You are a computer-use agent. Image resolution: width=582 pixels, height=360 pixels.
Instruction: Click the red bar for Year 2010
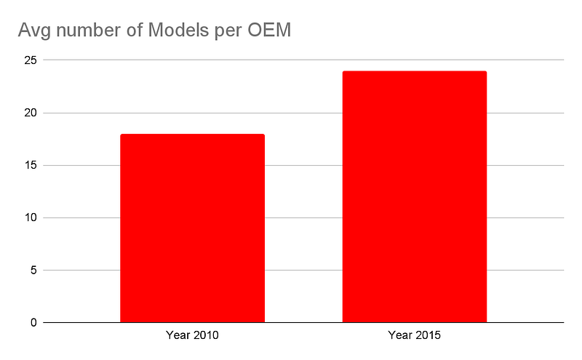coord(192,228)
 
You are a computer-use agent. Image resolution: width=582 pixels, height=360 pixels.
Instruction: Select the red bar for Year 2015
coord(415,196)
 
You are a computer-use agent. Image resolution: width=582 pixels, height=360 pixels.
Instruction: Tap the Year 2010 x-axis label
coord(192,335)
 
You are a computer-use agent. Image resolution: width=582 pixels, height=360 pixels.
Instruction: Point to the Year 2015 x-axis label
coord(414,335)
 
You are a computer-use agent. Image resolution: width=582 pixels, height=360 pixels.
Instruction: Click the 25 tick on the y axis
coord(31,60)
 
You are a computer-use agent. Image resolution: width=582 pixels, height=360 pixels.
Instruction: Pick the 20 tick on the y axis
coord(31,113)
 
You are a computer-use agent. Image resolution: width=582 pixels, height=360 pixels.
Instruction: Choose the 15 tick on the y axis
coord(31,165)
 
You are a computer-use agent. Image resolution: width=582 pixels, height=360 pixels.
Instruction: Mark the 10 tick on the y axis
coord(31,217)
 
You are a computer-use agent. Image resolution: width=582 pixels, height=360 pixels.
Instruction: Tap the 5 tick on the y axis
coord(33,271)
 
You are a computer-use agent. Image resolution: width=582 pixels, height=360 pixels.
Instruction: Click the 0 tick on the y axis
coord(33,322)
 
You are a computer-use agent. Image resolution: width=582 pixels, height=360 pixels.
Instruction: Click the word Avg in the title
coord(34,31)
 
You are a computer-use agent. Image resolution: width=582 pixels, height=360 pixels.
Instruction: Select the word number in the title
coord(88,30)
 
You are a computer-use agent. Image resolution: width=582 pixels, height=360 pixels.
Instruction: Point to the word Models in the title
coord(178,30)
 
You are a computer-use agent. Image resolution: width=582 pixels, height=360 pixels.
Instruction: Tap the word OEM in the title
coord(269,30)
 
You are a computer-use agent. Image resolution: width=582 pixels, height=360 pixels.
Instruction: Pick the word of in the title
coord(135,30)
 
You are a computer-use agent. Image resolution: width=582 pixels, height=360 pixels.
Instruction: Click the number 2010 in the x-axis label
coord(206,335)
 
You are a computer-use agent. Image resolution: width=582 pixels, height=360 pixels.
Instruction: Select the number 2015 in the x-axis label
coord(428,335)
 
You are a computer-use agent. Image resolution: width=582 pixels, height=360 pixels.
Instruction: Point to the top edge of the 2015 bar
coord(415,71)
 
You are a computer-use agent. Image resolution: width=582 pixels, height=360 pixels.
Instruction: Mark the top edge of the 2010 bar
coord(192,135)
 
